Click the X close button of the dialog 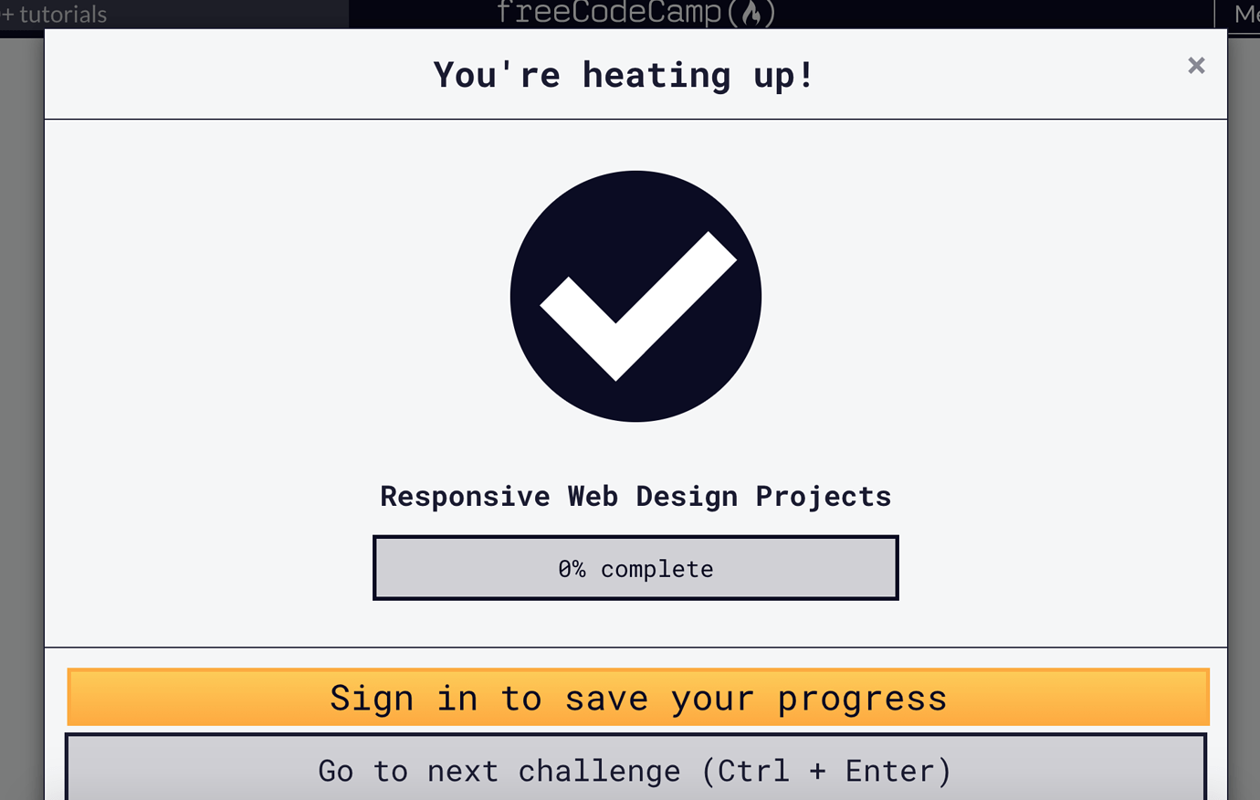(x=1196, y=66)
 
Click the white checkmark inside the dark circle (x=636, y=306)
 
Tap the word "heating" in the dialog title (x=656, y=75)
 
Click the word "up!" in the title (x=782, y=75)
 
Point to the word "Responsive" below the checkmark (x=465, y=496)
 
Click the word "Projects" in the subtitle (x=823, y=496)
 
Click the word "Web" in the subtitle (x=593, y=496)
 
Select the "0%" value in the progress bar (x=572, y=569)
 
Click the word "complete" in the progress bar (x=656, y=569)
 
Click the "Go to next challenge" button (x=635, y=770)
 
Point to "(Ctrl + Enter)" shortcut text (x=826, y=771)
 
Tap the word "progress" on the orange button (x=862, y=699)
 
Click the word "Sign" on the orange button (x=371, y=699)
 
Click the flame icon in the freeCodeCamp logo (x=751, y=13)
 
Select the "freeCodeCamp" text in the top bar (x=609, y=12)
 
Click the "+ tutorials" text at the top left (x=55, y=15)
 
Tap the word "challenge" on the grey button (x=599, y=771)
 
